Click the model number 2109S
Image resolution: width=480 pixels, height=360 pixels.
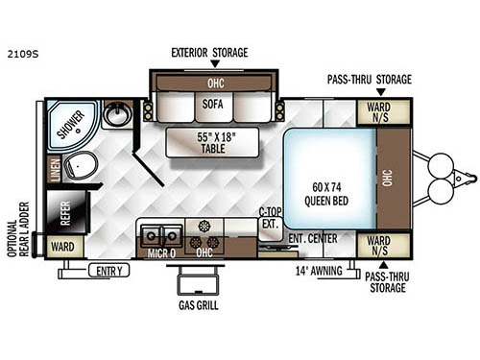point(23,54)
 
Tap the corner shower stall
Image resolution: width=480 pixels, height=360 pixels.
point(72,126)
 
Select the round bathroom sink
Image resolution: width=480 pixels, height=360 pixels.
point(118,114)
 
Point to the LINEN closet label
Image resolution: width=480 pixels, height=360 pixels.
point(55,170)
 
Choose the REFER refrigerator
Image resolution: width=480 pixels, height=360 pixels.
point(66,212)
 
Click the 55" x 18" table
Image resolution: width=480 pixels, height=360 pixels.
point(212,143)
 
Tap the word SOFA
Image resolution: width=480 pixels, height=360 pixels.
point(212,105)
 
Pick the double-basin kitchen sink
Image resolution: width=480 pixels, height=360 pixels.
point(161,236)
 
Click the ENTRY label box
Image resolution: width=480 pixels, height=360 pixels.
point(109,271)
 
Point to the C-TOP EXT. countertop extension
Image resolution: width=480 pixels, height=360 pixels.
point(271,224)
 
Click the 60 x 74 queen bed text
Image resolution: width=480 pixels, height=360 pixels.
point(326,194)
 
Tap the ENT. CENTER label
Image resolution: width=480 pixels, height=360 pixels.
point(313,239)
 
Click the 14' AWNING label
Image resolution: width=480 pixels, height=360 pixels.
point(319,271)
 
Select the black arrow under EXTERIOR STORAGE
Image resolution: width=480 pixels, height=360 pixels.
point(215,63)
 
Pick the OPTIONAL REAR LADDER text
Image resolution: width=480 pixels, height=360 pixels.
point(18,229)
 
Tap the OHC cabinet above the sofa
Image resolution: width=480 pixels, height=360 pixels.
point(215,84)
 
